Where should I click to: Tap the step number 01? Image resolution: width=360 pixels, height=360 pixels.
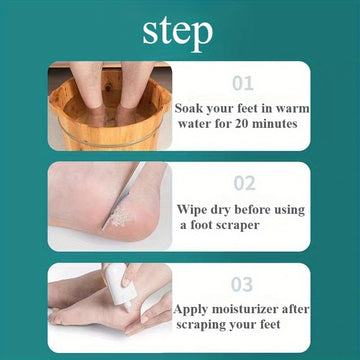(x=243, y=83)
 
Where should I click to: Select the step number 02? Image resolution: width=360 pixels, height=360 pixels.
(x=244, y=183)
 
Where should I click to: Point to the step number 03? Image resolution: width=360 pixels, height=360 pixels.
(x=243, y=284)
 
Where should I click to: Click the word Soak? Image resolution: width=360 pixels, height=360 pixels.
(x=189, y=109)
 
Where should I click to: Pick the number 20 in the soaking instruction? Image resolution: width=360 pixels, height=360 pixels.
(x=241, y=124)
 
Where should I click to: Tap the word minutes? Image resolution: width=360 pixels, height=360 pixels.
(x=274, y=124)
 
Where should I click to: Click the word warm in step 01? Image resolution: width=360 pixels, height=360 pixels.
(x=294, y=109)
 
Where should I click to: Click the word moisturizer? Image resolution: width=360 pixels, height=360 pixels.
(x=246, y=309)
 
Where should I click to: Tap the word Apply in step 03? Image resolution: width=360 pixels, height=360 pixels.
(x=191, y=310)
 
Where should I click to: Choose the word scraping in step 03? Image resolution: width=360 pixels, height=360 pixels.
(x=198, y=325)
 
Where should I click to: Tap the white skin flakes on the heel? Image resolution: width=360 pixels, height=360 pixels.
(x=122, y=217)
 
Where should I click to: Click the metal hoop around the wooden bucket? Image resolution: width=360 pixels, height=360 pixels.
(x=110, y=137)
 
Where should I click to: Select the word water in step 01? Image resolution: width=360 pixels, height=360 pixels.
(x=193, y=124)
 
